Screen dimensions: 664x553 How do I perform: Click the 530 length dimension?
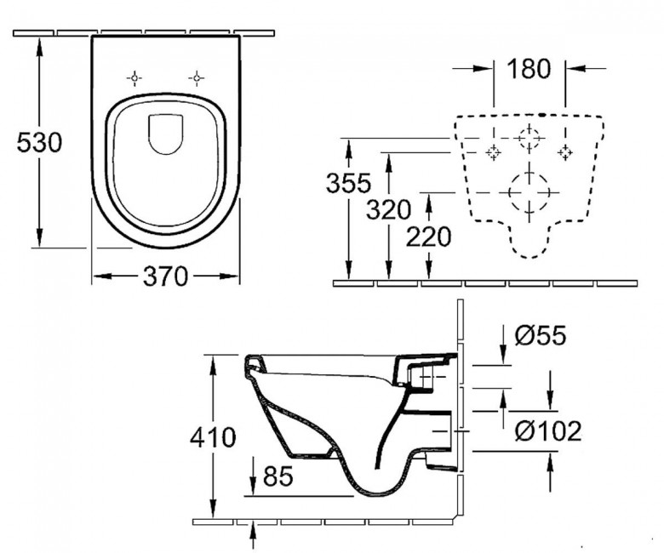(39, 142)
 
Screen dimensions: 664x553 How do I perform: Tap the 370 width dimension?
(165, 276)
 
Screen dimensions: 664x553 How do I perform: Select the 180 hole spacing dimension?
(529, 69)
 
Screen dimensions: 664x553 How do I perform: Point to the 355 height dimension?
(348, 183)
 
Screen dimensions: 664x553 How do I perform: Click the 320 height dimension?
(388, 209)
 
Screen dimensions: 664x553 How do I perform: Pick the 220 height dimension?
(428, 237)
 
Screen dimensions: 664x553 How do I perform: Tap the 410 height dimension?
(213, 437)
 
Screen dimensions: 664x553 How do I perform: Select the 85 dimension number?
(278, 476)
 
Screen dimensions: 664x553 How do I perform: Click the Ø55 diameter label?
(541, 335)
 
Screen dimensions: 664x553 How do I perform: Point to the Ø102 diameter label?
(548, 431)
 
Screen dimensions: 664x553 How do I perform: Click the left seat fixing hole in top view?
(135, 78)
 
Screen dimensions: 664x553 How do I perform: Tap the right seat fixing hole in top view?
(196, 78)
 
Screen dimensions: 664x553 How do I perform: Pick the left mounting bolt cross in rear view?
(493, 152)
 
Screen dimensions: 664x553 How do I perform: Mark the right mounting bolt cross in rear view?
(564, 152)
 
